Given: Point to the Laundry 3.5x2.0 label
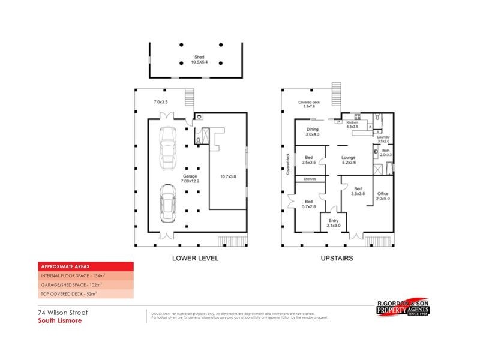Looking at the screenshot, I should (383, 139).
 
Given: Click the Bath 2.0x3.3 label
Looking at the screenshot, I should (385, 153).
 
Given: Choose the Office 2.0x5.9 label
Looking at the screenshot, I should (382, 196).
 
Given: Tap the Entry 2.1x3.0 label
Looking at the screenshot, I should (333, 223).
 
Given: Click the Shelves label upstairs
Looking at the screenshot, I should (310, 179).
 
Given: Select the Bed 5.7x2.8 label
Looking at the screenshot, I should (308, 204).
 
